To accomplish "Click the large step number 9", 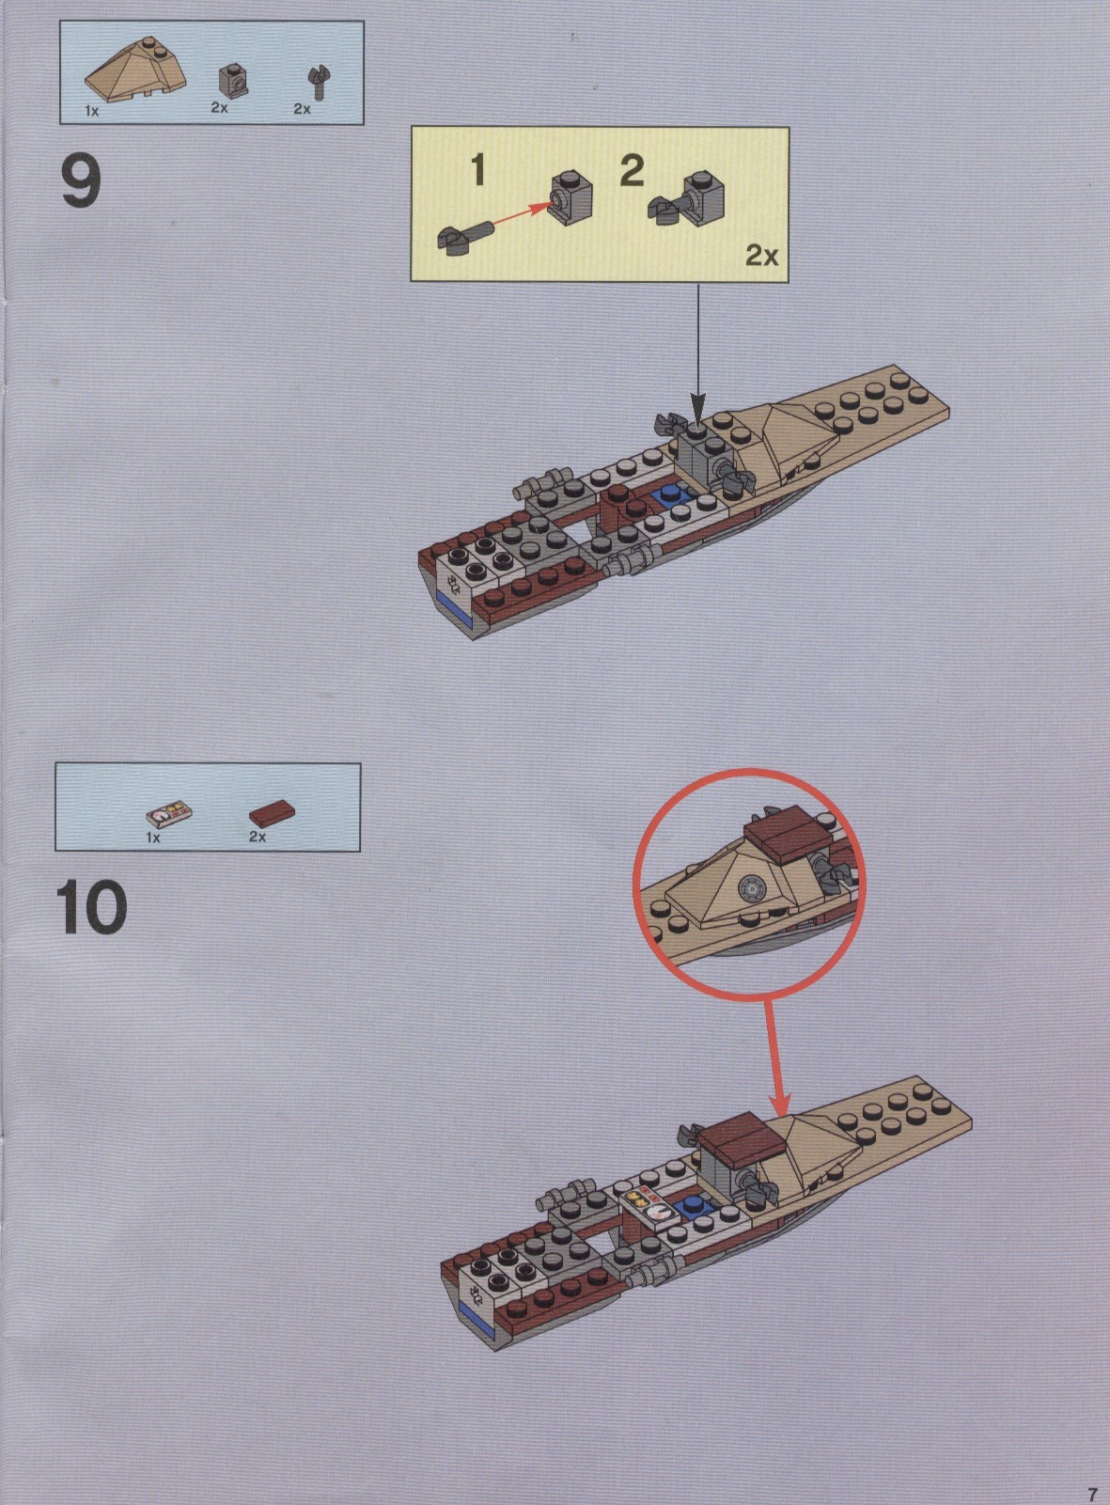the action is pos(82,180).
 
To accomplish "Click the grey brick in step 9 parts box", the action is pos(232,80).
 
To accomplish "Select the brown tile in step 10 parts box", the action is pos(272,814).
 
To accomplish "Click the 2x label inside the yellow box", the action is pos(761,256).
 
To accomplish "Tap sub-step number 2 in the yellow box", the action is pos(633,170).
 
